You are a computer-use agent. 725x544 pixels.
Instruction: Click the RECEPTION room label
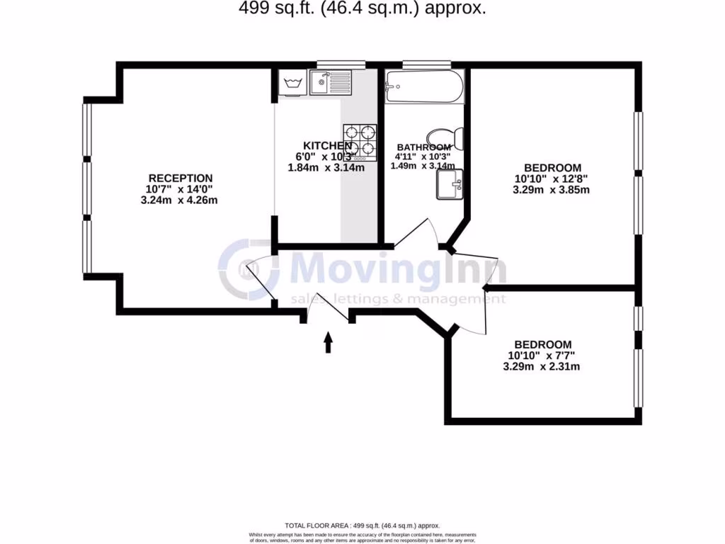[181, 178]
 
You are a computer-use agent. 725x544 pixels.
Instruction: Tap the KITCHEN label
[328, 145]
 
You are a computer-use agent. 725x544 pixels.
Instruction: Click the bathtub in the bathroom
[424, 87]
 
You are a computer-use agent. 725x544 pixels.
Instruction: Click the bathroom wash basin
[449, 184]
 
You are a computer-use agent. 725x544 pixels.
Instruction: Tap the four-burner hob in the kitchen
[360, 141]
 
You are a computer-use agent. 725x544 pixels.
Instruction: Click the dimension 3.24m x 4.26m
[180, 200]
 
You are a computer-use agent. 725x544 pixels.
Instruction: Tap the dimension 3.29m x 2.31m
[542, 366]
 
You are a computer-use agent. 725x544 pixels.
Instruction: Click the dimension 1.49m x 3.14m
[423, 166]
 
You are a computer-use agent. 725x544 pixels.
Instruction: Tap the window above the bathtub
[426, 64]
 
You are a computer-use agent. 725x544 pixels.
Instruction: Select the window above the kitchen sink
[341, 64]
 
